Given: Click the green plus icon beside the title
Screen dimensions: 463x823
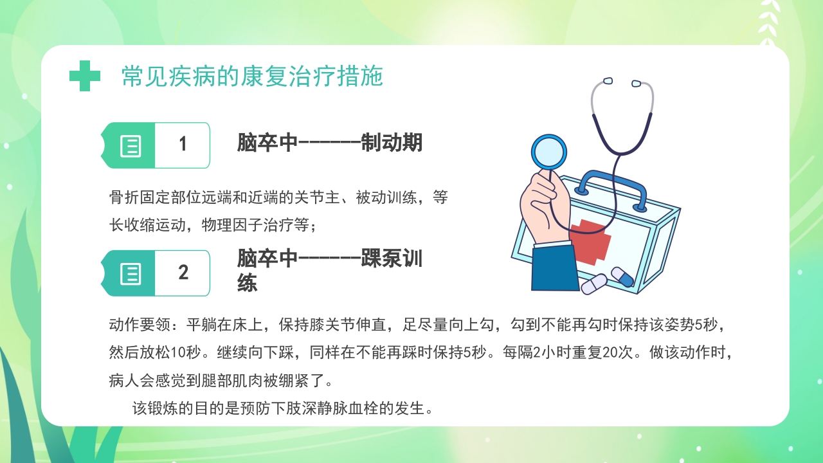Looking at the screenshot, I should tap(85, 76).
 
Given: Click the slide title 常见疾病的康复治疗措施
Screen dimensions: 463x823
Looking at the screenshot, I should tap(252, 77).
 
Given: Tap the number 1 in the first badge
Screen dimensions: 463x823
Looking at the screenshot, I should tap(183, 145).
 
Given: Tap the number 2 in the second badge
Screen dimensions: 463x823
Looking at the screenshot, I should tap(183, 273).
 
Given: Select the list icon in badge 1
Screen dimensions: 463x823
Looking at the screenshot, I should tap(131, 146).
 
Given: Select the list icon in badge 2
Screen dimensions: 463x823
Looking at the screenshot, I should tap(131, 274).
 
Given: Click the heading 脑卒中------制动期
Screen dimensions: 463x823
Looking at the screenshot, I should tap(329, 143).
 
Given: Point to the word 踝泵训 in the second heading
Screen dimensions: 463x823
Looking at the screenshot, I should tap(391, 259).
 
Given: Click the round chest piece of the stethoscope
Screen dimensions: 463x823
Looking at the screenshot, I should tap(549, 152).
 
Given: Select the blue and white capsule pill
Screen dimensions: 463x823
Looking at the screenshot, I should tap(622, 277).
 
